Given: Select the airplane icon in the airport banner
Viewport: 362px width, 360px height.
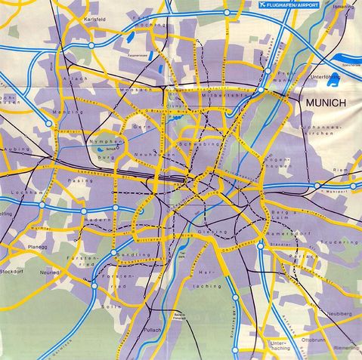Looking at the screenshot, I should [263, 5].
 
